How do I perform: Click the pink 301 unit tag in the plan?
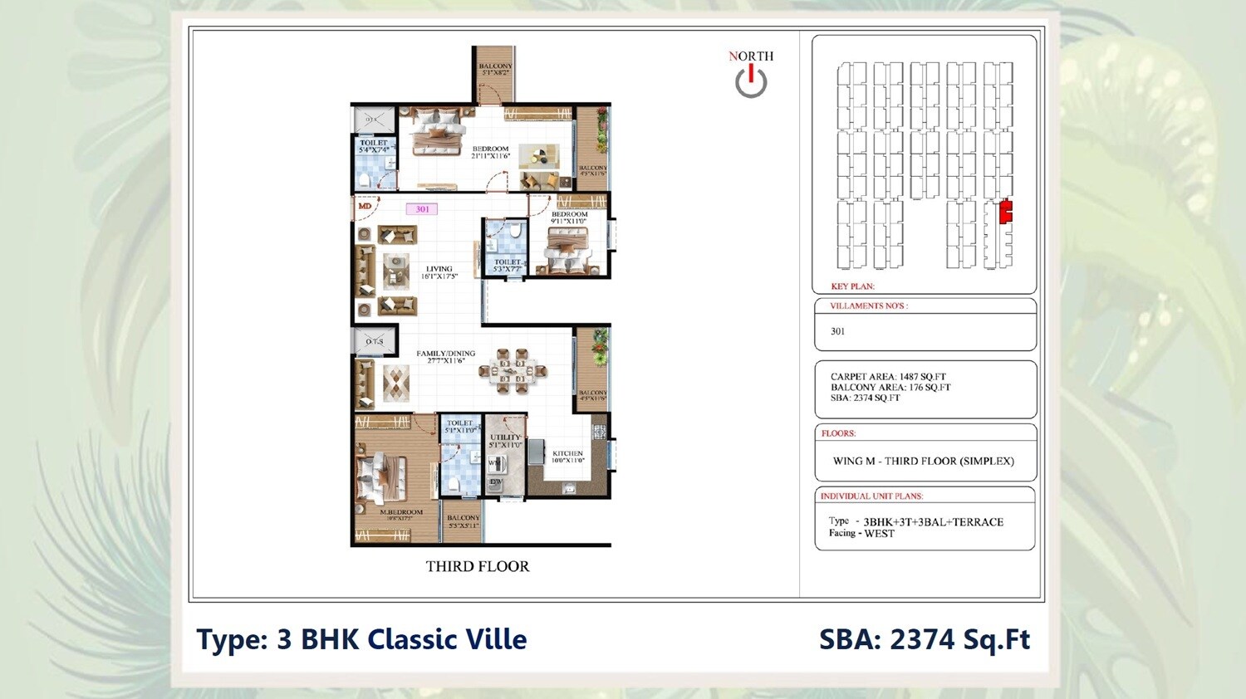click(x=422, y=209)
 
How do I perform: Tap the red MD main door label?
click(x=364, y=205)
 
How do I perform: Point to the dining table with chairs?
click(x=513, y=371)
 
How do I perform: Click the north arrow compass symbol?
click(x=751, y=81)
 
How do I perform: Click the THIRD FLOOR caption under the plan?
click(x=477, y=566)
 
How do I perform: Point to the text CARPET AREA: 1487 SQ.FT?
click(x=888, y=377)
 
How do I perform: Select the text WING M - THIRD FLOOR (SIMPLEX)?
click(x=923, y=462)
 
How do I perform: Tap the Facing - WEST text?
click(x=861, y=534)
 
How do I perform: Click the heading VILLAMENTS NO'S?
click(x=869, y=306)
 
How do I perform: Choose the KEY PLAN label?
click(x=852, y=286)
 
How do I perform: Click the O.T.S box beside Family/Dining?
click(x=375, y=341)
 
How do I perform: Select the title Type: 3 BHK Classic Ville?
click(x=361, y=639)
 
